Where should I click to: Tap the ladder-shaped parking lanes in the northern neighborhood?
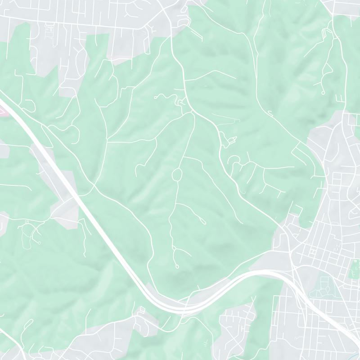pyautogui.click(x=49, y=31)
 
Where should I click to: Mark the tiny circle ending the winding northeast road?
pyautogui.click(x=323, y=92)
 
